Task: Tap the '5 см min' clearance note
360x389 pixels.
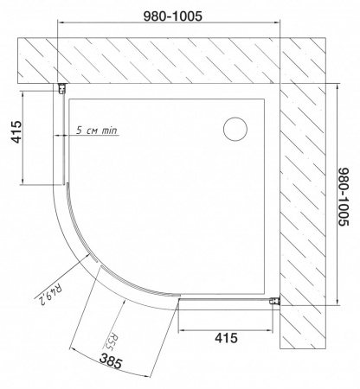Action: (x=96, y=131)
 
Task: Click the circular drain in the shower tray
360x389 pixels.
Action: (x=235, y=130)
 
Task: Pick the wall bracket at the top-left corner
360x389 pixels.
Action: (x=62, y=88)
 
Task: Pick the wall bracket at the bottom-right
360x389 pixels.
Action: (x=275, y=300)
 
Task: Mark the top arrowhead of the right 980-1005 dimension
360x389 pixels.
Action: (x=336, y=84)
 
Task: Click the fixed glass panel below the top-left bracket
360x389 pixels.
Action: (x=64, y=138)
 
